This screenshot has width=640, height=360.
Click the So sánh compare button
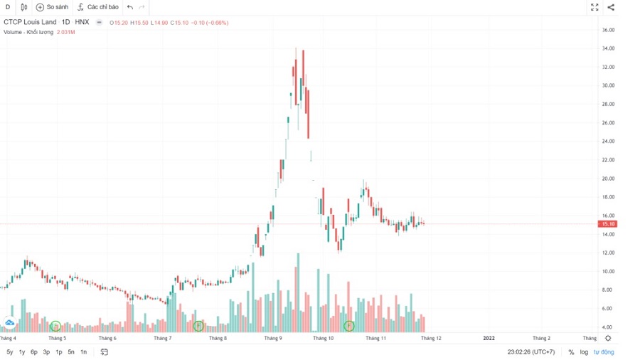tap(52, 7)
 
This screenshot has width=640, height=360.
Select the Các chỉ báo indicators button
tap(98, 7)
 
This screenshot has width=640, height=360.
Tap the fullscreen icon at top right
tap(594, 7)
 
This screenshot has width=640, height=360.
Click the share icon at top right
tap(612, 7)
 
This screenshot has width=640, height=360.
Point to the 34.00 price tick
tap(608, 48)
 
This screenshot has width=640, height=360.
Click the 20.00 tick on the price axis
tap(608, 179)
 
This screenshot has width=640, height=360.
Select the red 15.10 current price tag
tap(608, 224)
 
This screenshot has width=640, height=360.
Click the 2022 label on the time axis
tap(489, 339)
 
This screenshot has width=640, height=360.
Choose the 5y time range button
tap(10, 352)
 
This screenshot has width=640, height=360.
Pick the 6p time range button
tap(34, 352)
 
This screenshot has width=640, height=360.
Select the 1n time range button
tap(83, 352)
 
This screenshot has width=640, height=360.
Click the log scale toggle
tap(584, 352)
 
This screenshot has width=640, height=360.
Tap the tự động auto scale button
tap(604, 352)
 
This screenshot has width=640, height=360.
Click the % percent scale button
tap(571, 352)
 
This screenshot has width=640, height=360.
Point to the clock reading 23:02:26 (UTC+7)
tap(530, 352)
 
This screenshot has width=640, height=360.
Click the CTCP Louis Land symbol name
tap(30, 23)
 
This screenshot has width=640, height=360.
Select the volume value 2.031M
tap(66, 32)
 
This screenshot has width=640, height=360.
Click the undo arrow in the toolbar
tap(129, 7)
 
